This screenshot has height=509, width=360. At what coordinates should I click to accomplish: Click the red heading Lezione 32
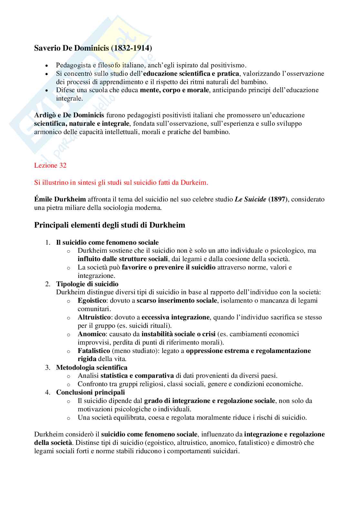point(50,165)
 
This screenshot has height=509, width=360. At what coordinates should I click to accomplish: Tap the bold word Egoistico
point(92,300)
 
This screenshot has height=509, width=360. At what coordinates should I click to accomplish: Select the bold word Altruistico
point(94,317)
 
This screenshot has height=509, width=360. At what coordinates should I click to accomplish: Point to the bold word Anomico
point(91,334)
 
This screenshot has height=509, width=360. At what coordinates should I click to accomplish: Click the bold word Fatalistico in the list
point(94,351)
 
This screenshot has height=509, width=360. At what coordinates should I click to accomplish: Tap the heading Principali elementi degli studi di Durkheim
point(110,225)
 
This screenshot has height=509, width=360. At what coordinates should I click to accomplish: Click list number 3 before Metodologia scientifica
point(48,367)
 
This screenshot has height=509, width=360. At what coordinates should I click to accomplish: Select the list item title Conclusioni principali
point(90,392)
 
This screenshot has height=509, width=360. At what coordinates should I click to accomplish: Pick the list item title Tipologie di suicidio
point(87,284)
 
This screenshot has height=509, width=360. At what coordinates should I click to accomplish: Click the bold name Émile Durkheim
point(60,199)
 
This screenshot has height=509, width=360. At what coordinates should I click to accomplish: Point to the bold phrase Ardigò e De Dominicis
point(69,115)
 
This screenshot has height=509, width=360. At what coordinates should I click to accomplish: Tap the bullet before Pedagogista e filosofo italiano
point(47,65)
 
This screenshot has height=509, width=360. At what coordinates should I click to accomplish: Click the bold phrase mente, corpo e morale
point(174,90)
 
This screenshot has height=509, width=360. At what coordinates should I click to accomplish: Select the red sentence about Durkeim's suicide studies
point(121,182)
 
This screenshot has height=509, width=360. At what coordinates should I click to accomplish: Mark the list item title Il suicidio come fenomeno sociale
point(107,242)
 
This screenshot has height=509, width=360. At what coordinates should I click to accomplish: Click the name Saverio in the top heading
point(46,48)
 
